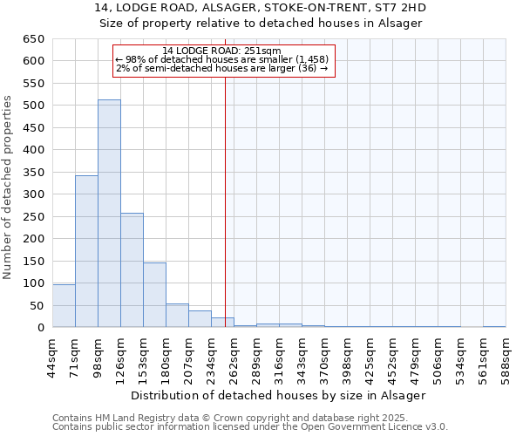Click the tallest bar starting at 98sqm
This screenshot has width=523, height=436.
[109, 214]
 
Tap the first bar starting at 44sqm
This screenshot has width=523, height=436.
[64, 306]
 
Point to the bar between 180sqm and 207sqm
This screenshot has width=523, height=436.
[177, 316]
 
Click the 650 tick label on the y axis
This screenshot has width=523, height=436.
[34, 39]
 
